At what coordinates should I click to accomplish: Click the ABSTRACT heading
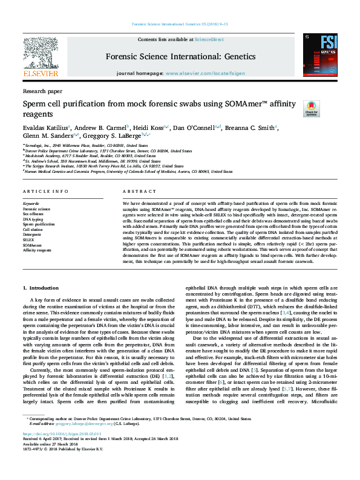[136, 191]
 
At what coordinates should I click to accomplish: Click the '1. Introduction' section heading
[41, 288]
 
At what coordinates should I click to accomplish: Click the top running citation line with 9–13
[179, 24]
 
